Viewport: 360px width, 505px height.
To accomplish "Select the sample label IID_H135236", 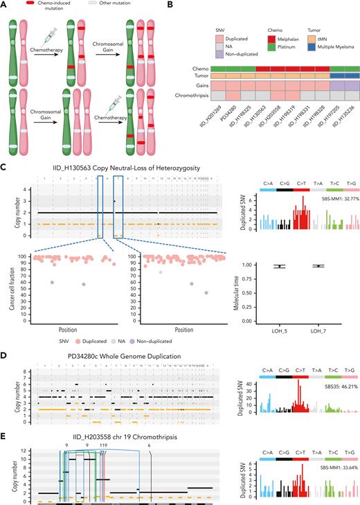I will point(343,115).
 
